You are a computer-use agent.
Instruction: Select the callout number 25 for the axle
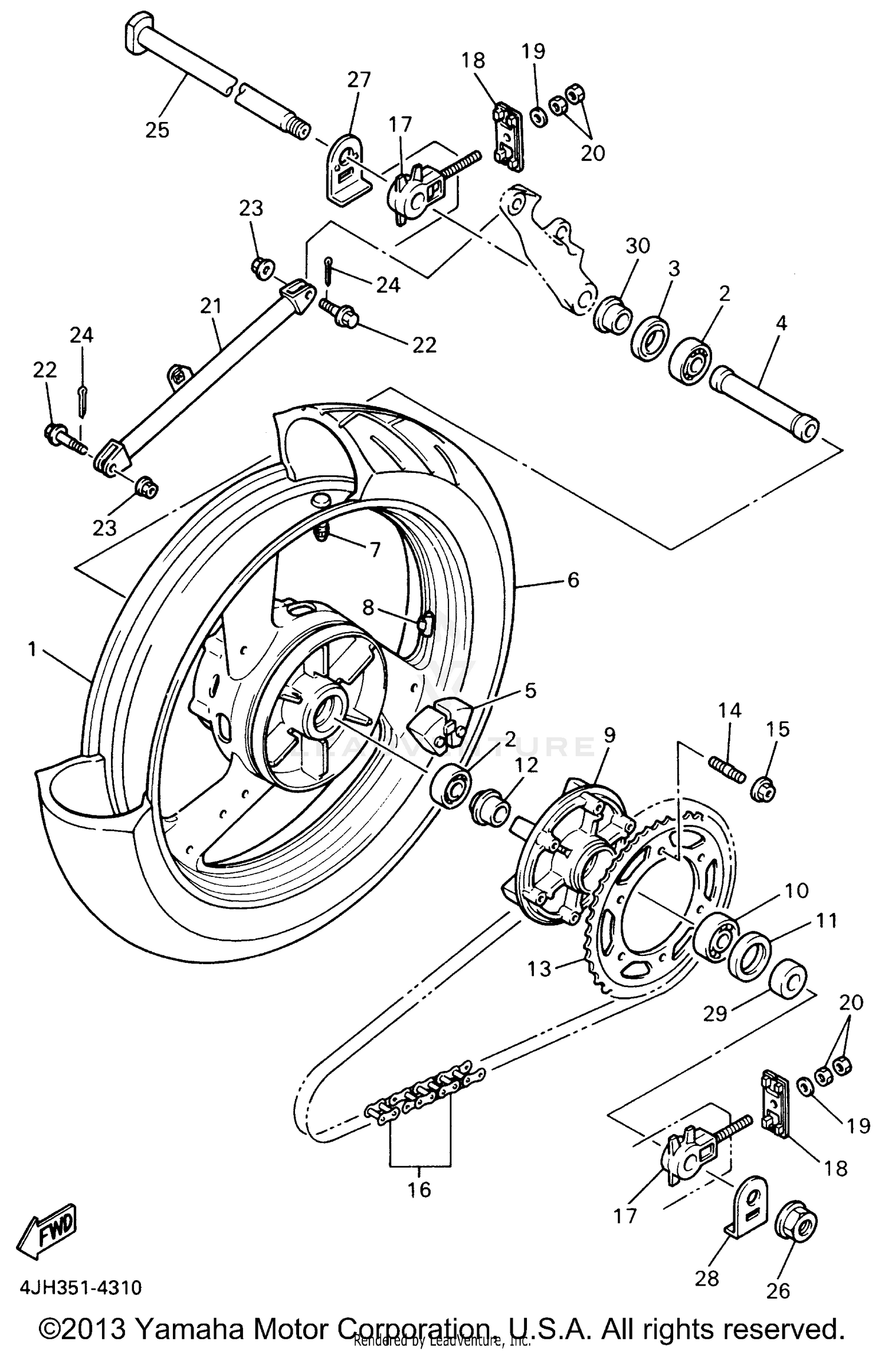(x=158, y=129)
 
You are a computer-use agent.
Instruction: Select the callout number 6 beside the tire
(x=572, y=580)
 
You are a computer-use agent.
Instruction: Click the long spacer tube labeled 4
(x=765, y=402)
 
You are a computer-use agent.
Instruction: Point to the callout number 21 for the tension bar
(x=211, y=306)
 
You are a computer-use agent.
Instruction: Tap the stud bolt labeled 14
(x=725, y=767)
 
